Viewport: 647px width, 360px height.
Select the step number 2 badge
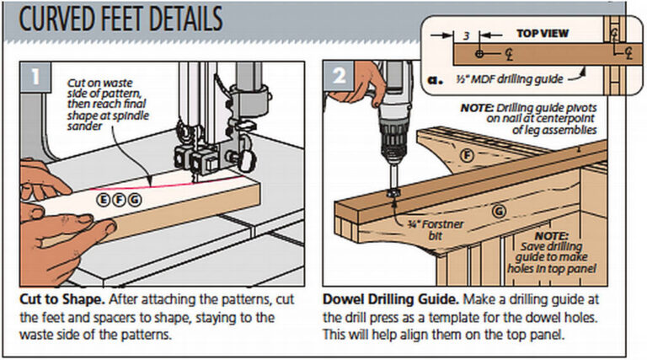pyautogui.click(x=339, y=76)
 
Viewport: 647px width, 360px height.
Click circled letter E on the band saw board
pyautogui.click(x=103, y=199)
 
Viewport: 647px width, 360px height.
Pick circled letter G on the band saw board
pyautogui.click(x=134, y=199)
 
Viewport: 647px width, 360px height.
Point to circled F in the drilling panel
pyautogui.click(x=469, y=155)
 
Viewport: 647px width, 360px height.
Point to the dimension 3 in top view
pyautogui.click(x=464, y=37)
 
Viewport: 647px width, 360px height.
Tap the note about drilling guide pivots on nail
pyautogui.click(x=530, y=119)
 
